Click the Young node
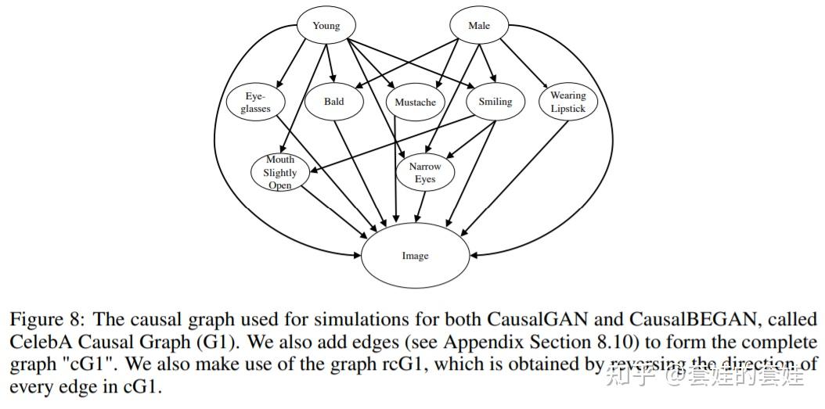pos(326,26)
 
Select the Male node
pos(479,26)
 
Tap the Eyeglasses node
pos(255,102)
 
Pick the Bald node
pos(334,102)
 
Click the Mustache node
pos(415,102)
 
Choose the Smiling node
pos(495,102)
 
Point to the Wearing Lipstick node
pos(567,102)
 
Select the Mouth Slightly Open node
pos(279,172)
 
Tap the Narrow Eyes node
pos(424,173)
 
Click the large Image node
pos(415,256)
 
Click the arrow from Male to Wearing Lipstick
pos(524,63)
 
